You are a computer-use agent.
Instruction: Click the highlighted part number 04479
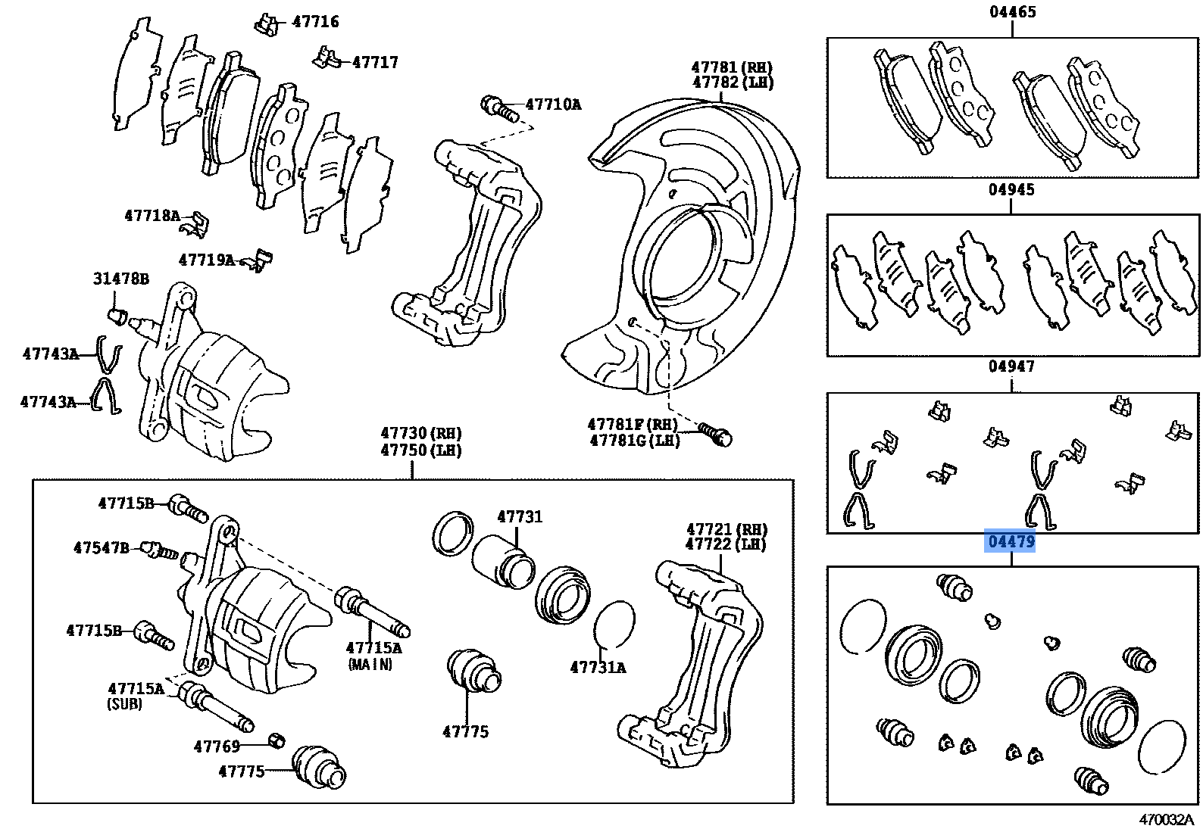click(x=1010, y=542)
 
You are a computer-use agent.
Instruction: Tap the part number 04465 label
click(x=1012, y=11)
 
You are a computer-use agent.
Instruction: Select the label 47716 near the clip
click(x=315, y=21)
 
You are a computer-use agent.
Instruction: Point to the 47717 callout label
click(x=375, y=62)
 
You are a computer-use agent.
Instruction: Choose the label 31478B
click(x=121, y=279)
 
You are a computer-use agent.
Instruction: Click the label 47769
click(x=217, y=746)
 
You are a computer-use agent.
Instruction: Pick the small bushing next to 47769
click(x=277, y=740)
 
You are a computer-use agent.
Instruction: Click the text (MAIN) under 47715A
click(x=370, y=665)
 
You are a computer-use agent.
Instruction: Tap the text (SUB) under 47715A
click(x=124, y=704)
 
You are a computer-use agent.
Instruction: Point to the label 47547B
click(x=102, y=547)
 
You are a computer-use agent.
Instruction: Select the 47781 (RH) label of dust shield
click(x=732, y=67)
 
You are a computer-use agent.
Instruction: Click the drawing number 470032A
click(x=1165, y=819)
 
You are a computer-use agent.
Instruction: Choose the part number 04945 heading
click(x=1011, y=189)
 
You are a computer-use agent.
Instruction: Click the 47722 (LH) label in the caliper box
click(x=726, y=544)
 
